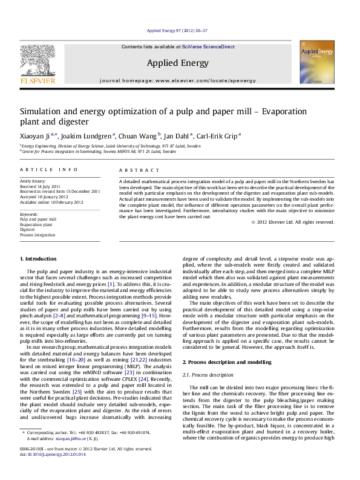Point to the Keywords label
click(30, 214)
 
